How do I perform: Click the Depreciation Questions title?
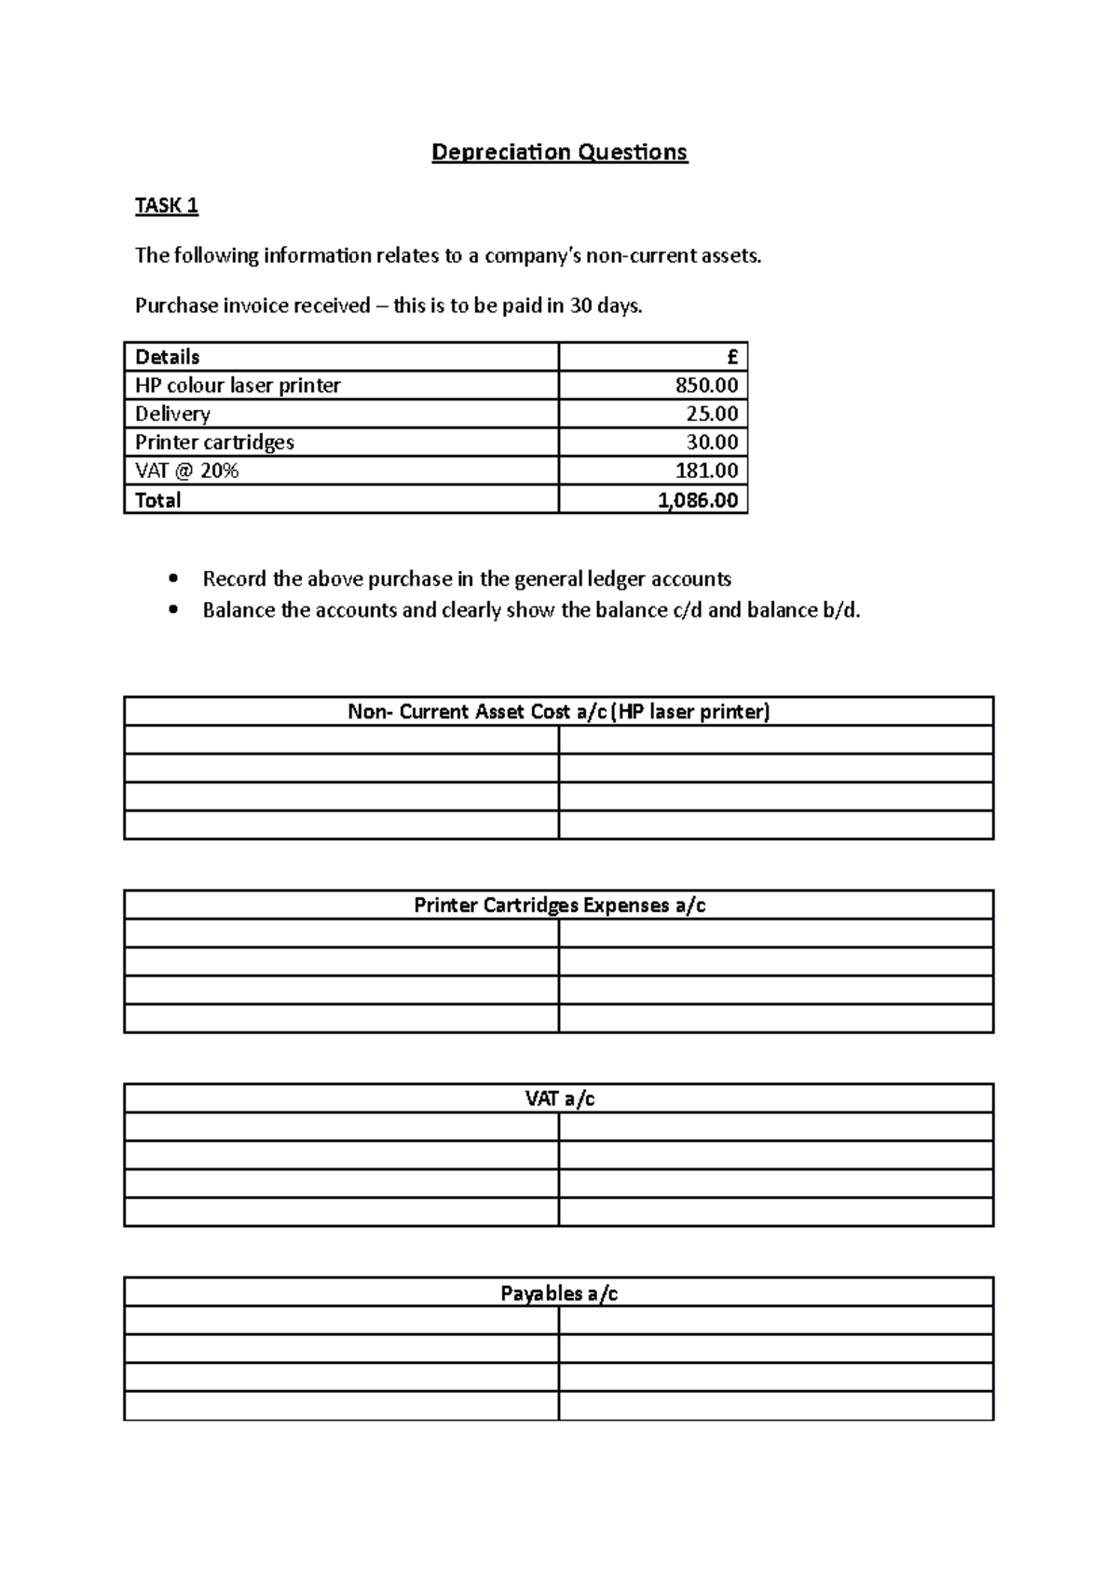tap(559, 152)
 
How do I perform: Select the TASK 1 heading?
tap(167, 206)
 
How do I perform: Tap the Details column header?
tap(168, 357)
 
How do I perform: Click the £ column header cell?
tap(732, 357)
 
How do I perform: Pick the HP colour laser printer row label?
tap(238, 385)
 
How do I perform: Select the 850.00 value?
tap(706, 385)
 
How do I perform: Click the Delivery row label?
tap(172, 414)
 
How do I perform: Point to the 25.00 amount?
tap(712, 414)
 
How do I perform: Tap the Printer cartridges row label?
tap(214, 442)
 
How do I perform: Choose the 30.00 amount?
tap(712, 442)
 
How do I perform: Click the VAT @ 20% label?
tap(186, 471)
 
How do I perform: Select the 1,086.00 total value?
tap(698, 500)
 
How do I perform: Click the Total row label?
tap(158, 500)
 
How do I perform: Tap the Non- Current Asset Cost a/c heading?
tap(559, 712)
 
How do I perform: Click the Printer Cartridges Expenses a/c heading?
tap(559, 906)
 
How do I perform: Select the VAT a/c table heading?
tap(559, 1099)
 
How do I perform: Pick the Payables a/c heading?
tap(559, 1293)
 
